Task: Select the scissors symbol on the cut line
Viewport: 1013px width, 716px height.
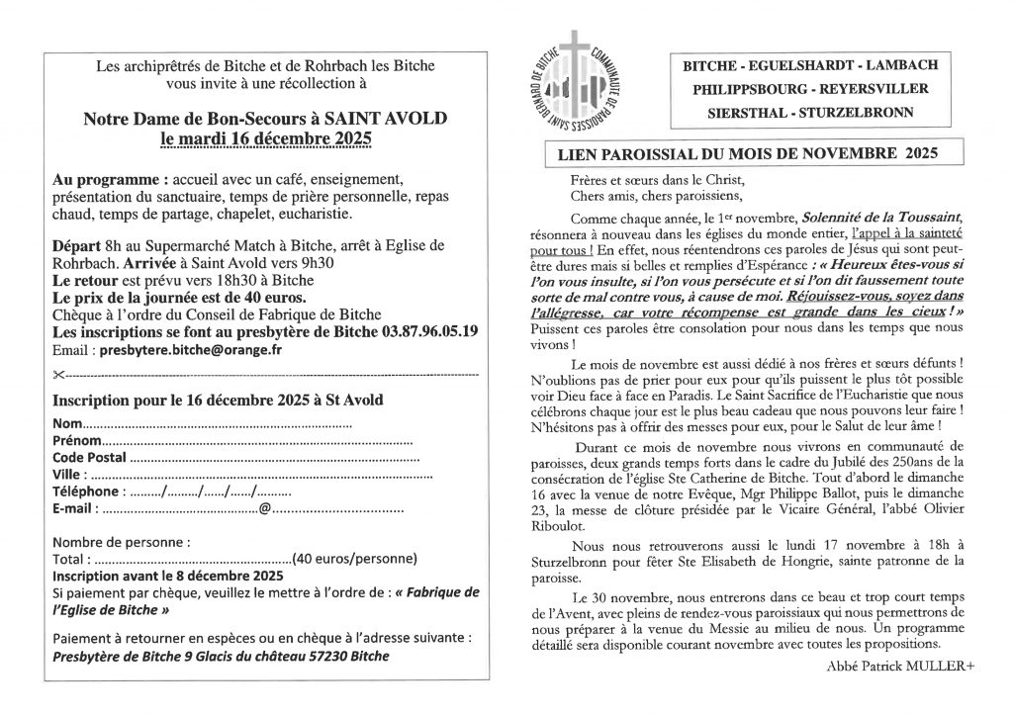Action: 59,375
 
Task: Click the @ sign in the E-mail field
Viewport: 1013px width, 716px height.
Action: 264,508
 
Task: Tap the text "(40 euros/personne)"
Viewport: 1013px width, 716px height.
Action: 357,559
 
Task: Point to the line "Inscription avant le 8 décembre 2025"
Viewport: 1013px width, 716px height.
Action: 167,575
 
